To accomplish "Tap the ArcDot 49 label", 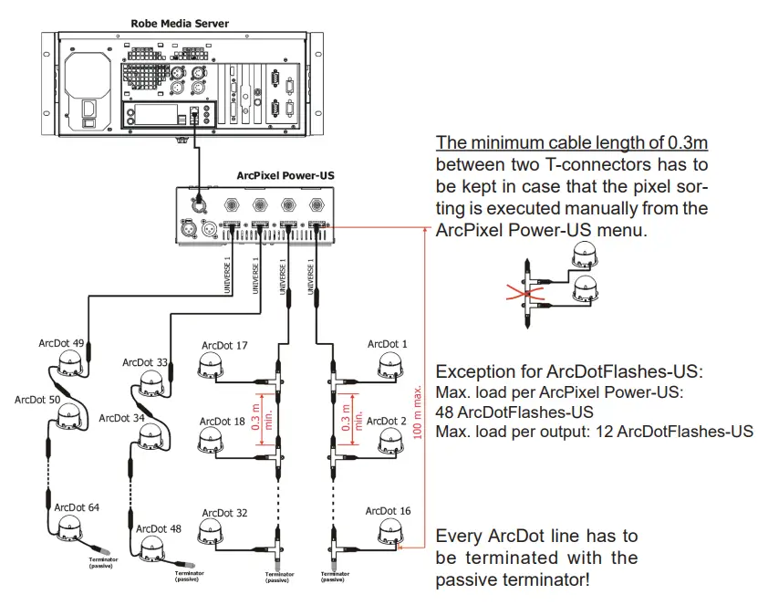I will coord(61,343).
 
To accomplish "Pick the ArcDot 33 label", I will coord(145,362).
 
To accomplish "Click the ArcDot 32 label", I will coord(224,513).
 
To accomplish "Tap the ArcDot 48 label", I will coord(158,528).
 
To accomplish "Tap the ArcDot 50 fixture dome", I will coord(67,418).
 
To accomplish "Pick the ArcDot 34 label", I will coord(121,418).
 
